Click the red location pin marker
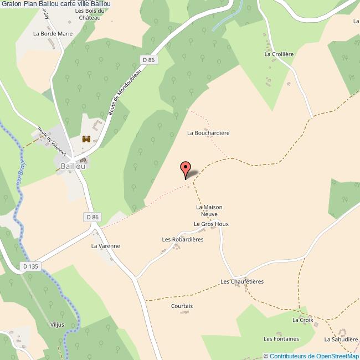click(x=186, y=169)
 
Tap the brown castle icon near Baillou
click(x=86, y=139)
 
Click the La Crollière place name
click(x=279, y=54)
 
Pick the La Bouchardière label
click(x=208, y=133)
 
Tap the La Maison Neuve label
click(x=209, y=210)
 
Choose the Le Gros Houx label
click(x=211, y=224)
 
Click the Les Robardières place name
click(x=183, y=239)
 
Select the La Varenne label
click(x=105, y=246)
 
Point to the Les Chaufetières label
click(x=242, y=281)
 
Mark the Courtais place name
click(x=182, y=306)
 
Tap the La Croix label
click(x=303, y=320)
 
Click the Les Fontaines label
click(x=281, y=339)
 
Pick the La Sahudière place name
click(x=341, y=339)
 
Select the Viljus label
click(x=56, y=325)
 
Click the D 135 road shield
click(x=31, y=266)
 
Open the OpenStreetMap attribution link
click(x=313, y=356)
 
